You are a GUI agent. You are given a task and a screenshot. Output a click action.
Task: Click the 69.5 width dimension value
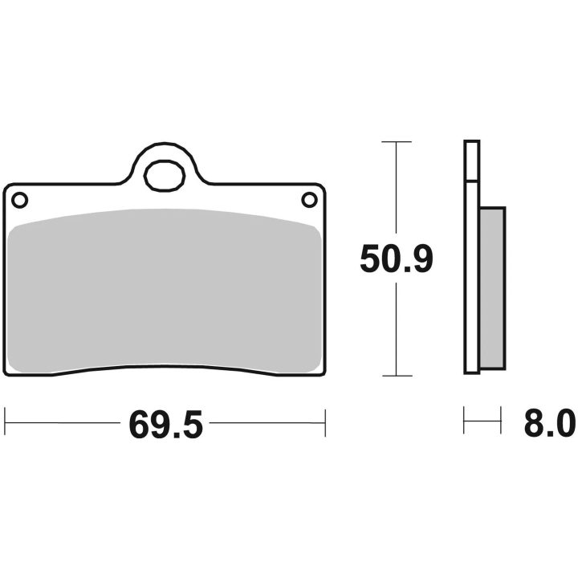[x=166, y=425]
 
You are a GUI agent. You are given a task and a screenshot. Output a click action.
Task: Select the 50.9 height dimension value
[x=397, y=258]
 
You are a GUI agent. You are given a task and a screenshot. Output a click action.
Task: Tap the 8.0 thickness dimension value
[x=550, y=424]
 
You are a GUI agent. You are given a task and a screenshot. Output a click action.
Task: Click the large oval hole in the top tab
[x=165, y=176]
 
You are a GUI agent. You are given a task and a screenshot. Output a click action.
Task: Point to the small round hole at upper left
[x=19, y=200]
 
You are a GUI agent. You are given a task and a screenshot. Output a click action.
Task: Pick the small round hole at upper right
[x=309, y=200]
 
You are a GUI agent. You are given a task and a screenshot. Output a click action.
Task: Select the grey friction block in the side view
[x=492, y=288]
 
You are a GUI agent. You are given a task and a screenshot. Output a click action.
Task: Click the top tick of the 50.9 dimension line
[x=397, y=141]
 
